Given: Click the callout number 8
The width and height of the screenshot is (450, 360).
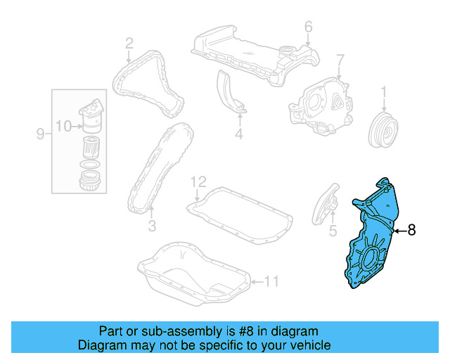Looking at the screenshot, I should [x=412, y=229].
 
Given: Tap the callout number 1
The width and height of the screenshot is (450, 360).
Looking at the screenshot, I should [x=384, y=91].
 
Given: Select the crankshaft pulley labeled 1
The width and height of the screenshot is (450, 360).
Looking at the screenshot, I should [x=383, y=128].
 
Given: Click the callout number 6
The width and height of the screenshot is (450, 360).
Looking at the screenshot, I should [x=308, y=27].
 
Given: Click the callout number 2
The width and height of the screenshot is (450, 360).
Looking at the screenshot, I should [x=129, y=44].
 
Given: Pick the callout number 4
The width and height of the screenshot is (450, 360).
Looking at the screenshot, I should [x=238, y=134].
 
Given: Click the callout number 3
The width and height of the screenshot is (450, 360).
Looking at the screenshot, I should [x=151, y=226].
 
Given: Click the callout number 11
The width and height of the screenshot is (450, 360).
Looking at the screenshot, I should [x=271, y=283].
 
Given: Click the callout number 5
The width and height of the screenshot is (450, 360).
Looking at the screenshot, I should [x=333, y=229].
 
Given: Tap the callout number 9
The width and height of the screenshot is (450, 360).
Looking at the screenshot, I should [x=41, y=132].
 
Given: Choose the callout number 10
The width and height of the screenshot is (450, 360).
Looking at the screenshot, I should [x=63, y=127].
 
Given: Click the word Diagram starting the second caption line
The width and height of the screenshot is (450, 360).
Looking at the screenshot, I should [x=100, y=345].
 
